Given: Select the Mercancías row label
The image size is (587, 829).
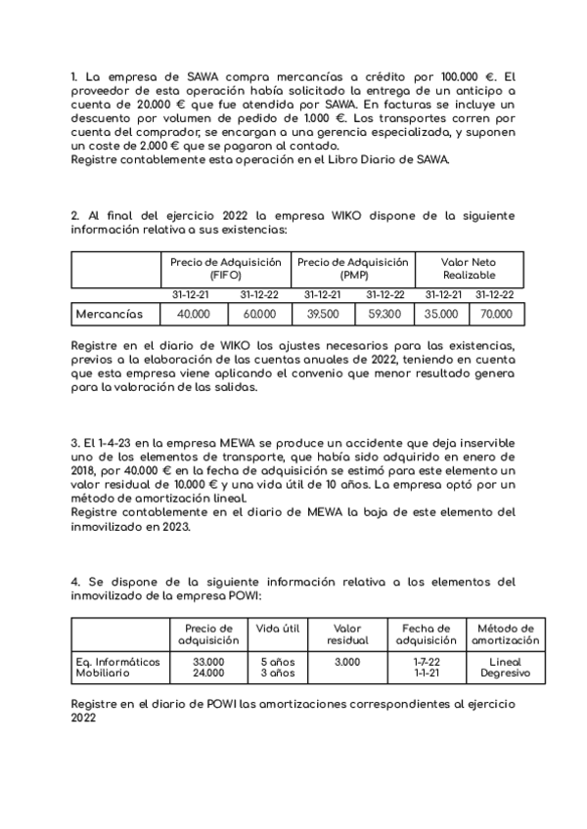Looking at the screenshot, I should coord(110,314).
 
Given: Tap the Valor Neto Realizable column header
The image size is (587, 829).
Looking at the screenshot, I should coord(469,269).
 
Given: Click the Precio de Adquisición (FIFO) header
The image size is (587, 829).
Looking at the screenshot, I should coord(225,269).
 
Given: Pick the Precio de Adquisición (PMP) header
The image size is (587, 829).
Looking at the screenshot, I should coord(352,269).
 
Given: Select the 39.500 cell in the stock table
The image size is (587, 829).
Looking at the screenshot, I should coord(323,314).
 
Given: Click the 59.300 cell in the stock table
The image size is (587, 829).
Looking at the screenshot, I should coord(384,314).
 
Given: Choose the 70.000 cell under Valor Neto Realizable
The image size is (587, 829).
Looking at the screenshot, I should coord(495,314).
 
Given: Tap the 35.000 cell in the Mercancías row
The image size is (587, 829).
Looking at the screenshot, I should coord(441,314).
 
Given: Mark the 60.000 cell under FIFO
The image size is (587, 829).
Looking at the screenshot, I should coord(259,314).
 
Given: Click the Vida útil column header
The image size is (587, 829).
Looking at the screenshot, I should coord(277,628).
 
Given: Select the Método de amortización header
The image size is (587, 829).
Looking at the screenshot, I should coord(505,634).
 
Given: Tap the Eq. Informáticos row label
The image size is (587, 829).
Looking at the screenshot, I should coord(117,662).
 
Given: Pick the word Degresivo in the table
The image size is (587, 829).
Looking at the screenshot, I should coord(505,674).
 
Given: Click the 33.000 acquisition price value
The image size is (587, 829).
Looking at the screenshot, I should coord(208,662).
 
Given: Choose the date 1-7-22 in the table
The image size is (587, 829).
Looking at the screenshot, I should coord(426,662).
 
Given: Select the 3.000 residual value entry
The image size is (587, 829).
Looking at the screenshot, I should coord(347,662).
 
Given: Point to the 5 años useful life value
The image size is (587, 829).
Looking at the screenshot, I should coord(277,662).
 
